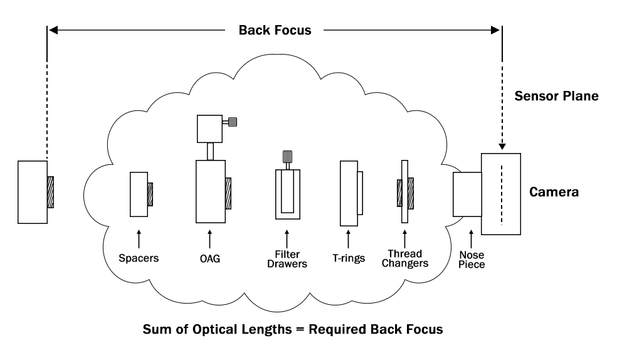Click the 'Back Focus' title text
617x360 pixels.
275,29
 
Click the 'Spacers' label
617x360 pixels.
139,257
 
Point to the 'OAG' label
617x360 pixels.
209,257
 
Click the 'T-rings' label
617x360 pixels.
348,257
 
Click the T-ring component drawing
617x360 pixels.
349,193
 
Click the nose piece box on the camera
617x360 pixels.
467,193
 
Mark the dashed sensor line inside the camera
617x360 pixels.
501,194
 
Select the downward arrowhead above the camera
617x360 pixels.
501,146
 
